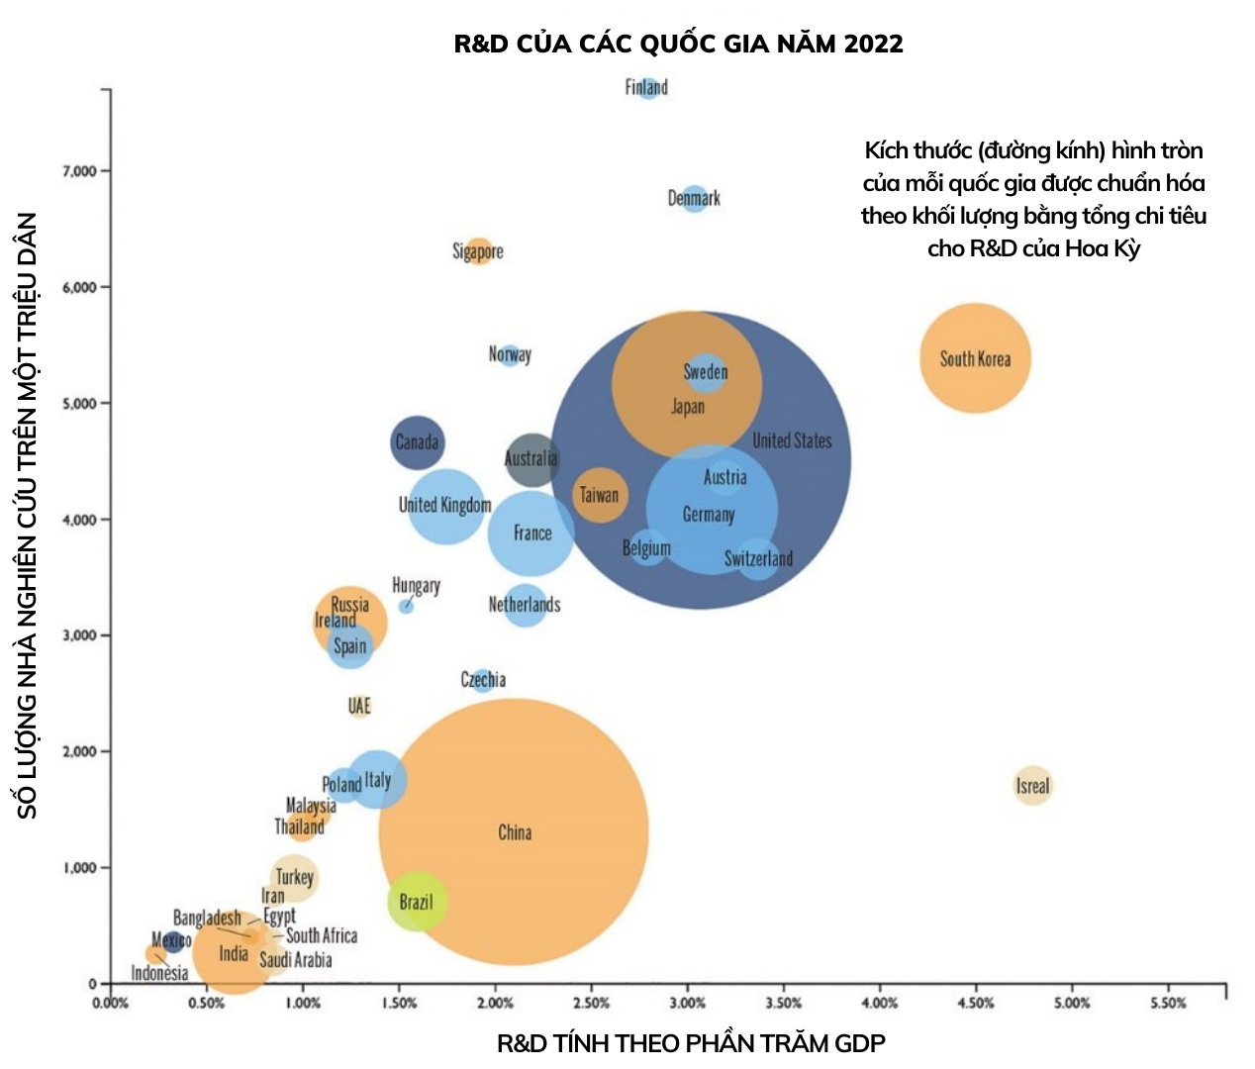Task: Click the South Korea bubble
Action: pos(975,357)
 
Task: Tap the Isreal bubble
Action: pos(1032,786)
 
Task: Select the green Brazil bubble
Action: pos(417,901)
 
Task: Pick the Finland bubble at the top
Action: pos(648,87)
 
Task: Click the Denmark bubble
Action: pos(695,198)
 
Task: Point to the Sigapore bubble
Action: pos(478,250)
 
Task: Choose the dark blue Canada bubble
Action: pos(417,442)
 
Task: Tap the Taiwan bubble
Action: pos(599,495)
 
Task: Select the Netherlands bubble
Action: pos(525,604)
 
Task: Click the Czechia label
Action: pos(483,680)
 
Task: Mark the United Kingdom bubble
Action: pos(446,506)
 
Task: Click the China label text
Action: pos(515,832)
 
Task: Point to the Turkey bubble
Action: pos(294,877)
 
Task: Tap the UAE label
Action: pos(359,706)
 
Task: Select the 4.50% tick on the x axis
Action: pos(975,1003)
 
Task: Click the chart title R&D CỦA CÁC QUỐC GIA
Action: pos(678,44)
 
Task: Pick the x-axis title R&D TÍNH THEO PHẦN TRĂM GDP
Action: pos(691,1043)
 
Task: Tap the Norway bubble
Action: pos(510,354)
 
